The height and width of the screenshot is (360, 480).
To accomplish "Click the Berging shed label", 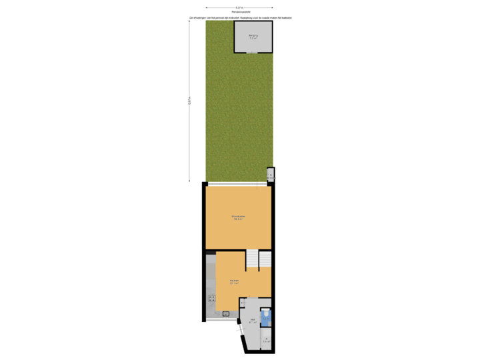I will point(253,36).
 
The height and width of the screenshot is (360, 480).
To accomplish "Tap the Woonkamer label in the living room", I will point(237,217).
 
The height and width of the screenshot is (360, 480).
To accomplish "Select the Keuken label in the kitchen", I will point(235,282).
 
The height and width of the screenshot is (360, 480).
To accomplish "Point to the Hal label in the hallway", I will point(253,321).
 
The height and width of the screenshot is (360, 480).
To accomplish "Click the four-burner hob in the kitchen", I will point(211,299).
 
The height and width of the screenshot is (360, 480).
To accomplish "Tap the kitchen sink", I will point(225,313).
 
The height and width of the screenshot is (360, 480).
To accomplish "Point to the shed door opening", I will point(253,52).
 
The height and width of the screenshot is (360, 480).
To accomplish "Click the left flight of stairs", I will point(252,261).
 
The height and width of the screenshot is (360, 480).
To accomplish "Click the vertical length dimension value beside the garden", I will point(189,101).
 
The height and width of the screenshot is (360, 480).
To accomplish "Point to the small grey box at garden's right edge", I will point(270,174).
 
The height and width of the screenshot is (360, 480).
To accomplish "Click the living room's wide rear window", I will point(239,184).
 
